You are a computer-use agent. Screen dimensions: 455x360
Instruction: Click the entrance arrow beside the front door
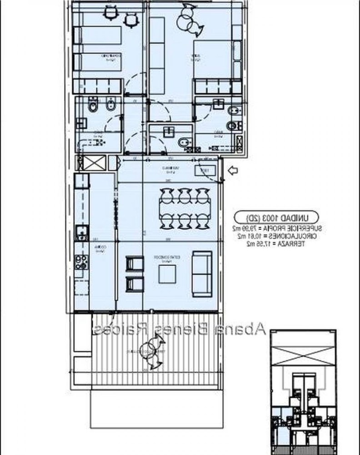pos(233,171)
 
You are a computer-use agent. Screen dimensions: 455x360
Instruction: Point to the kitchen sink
pos(82,233)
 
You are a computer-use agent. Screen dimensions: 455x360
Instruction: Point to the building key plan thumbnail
pos(302,391)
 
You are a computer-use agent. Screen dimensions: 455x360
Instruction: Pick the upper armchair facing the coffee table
pos(134,265)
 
